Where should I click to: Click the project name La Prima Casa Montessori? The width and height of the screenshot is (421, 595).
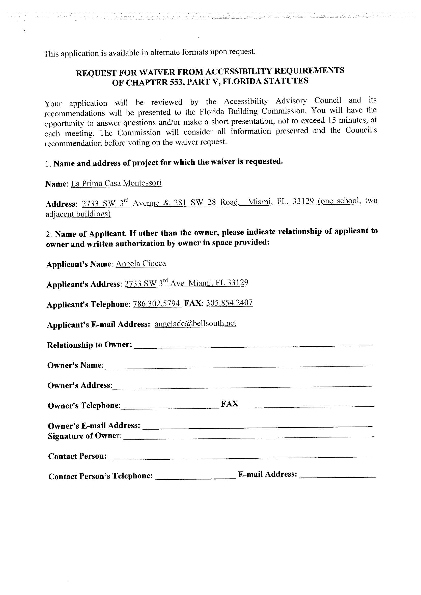coord(116,183)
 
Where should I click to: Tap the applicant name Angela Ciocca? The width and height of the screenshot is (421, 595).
coord(141,264)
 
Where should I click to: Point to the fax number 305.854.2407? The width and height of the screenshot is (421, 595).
coord(229,303)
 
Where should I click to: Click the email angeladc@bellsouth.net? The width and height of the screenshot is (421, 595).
coord(195,324)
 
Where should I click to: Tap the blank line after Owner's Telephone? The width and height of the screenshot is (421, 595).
coord(170,406)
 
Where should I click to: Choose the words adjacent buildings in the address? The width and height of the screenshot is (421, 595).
coord(78,214)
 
